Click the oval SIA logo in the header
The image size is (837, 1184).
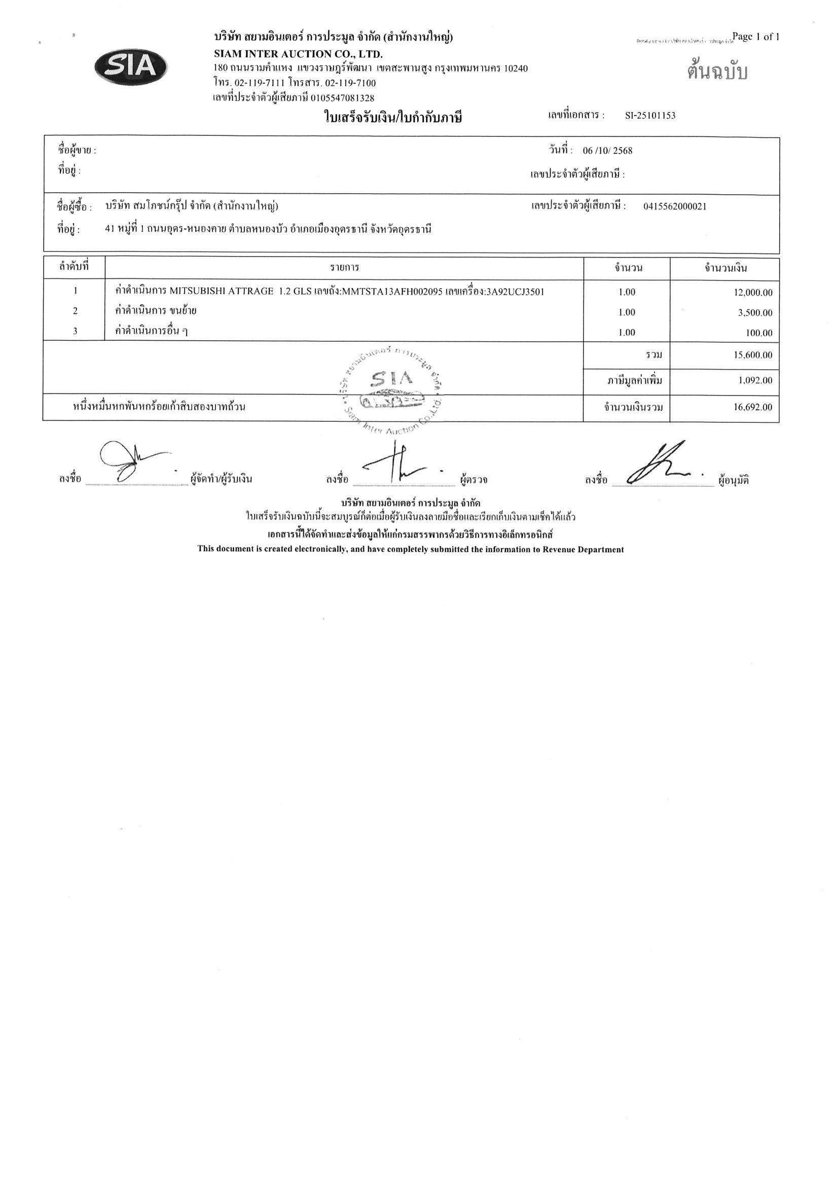(x=131, y=67)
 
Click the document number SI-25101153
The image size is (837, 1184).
(x=650, y=116)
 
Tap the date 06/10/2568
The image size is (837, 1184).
(x=607, y=151)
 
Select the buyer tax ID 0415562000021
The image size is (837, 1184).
(x=675, y=206)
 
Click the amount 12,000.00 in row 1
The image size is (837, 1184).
(x=752, y=293)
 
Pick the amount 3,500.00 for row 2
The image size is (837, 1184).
(x=755, y=312)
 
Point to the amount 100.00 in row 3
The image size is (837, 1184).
(x=758, y=333)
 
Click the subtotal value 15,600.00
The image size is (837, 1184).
(x=752, y=355)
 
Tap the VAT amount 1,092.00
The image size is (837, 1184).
(x=755, y=381)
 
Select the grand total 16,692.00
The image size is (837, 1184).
(x=752, y=407)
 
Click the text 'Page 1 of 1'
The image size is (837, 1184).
(x=755, y=37)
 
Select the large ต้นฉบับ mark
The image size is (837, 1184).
(x=717, y=72)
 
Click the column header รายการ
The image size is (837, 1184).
(x=345, y=268)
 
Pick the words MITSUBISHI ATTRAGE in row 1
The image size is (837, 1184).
(x=222, y=292)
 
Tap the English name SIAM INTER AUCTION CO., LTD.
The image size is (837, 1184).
(x=298, y=54)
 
